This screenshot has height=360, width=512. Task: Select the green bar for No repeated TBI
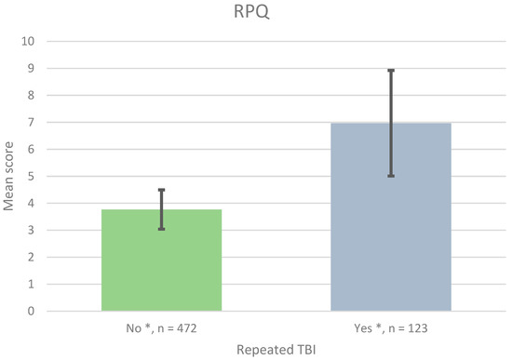[161, 260]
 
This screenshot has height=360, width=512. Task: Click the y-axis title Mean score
[11, 177]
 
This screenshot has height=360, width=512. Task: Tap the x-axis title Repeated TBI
[275, 349]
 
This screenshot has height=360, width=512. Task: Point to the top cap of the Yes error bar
[391, 71]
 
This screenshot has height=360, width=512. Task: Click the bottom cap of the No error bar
[161, 229]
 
